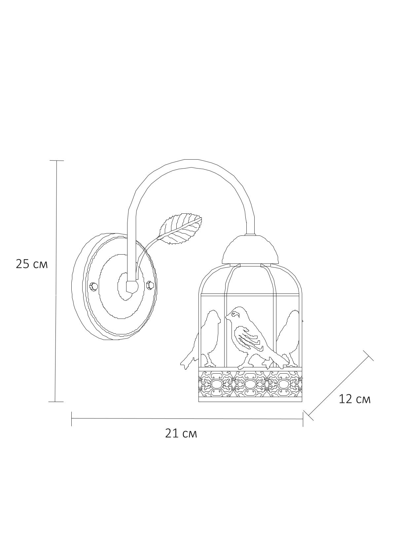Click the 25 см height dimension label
coord(31,264)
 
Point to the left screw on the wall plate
coord(93,287)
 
